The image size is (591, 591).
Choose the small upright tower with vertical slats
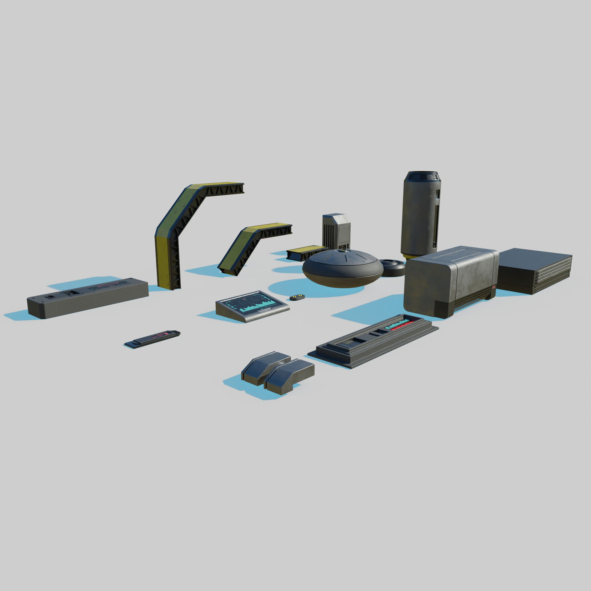click(337, 231)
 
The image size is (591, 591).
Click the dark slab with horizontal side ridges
click(535, 271)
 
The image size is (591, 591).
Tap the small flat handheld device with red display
click(153, 338)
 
